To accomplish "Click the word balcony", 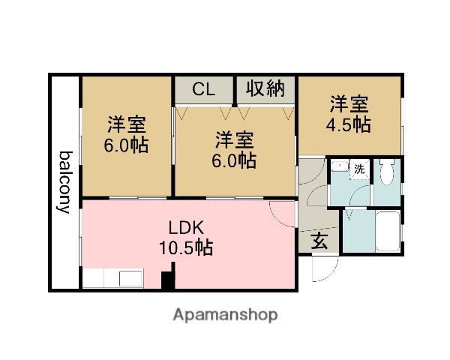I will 66,182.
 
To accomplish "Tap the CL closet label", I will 203,89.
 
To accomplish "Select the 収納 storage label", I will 266,89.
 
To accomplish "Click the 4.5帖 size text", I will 348,124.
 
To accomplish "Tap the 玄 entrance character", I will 319,241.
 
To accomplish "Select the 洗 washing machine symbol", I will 359,169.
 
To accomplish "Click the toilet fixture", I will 386,174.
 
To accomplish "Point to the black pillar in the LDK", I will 168,280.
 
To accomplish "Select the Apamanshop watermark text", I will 225,314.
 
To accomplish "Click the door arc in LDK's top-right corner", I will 281,214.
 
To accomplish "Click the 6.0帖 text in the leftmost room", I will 125,144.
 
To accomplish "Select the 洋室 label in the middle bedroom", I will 235,139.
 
